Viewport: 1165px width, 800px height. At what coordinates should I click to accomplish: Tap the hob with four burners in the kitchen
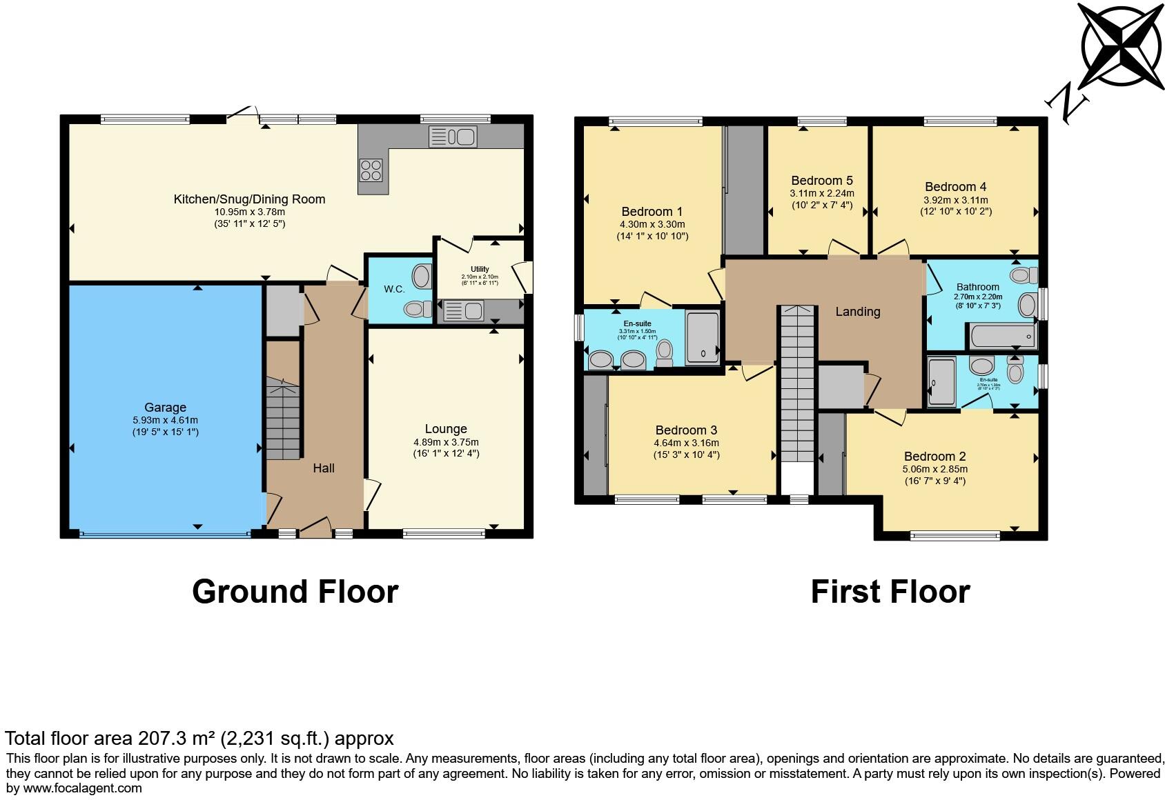[x=371, y=170]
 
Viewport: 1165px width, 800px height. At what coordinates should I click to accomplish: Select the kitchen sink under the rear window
[x=453, y=137]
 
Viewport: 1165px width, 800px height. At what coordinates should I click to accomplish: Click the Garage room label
[x=165, y=408]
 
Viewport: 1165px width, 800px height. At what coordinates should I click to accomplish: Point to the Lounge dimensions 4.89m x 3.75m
[x=446, y=442]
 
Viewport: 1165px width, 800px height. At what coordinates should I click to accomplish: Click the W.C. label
[x=395, y=289]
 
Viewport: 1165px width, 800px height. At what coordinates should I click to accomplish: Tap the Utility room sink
[x=464, y=311]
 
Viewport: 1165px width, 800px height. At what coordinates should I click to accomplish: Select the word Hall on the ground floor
[x=324, y=468]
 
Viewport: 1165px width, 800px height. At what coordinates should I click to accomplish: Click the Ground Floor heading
[x=295, y=592]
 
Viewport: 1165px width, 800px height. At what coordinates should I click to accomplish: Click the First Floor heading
[x=890, y=592]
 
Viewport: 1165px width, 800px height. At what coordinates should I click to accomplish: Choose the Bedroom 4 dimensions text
[x=956, y=200]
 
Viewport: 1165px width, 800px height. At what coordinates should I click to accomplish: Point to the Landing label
[x=857, y=312]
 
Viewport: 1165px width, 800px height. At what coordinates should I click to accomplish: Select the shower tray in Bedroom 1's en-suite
[x=703, y=338]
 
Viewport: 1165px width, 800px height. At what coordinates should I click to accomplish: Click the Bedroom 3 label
[x=686, y=430]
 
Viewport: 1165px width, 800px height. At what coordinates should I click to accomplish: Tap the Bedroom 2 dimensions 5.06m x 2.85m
[x=934, y=469]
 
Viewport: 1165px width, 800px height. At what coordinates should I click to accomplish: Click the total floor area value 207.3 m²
[x=175, y=739]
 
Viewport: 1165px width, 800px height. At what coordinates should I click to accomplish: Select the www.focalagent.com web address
[x=83, y=788]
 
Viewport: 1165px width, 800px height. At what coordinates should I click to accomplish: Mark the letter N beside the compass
[x=1067, y=103]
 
